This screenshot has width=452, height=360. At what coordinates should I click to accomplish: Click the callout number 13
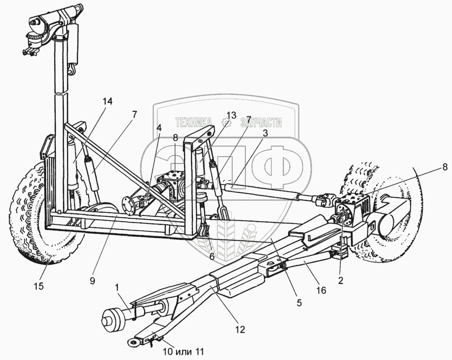tap(230, 115)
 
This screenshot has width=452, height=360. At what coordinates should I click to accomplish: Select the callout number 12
tap(240, 330)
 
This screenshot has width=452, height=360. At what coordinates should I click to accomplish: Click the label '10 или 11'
tap(183, 351)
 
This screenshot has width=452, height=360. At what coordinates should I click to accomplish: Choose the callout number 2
tap(341, 281)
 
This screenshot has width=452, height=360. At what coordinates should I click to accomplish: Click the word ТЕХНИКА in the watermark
tap(193, 123)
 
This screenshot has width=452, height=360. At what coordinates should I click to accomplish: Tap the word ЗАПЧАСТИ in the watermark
tap(260, 123)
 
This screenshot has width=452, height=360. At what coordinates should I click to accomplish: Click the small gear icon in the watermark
tap(227, 123)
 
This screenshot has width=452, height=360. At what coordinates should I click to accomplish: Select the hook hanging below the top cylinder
tap(74, 69)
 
